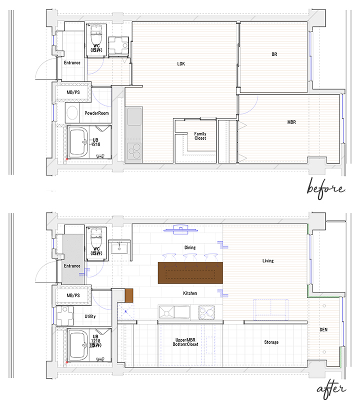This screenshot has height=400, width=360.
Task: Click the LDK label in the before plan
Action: pyautogui.click(x=181, y=64)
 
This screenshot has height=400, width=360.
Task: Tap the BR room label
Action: pyautogui.click(x=274, y=54)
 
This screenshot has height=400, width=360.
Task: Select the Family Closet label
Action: pyautogui.click(x=200, y=136)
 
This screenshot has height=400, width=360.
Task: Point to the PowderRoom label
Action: pyautogui.click(x=96, y=113)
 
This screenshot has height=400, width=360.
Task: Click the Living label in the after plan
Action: pyautogui.click(x=268, y=260)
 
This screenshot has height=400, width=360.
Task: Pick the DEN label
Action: pyautogui.click(x=323, y=329)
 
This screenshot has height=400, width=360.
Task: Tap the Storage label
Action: pyautogui.click(x=271, y=342)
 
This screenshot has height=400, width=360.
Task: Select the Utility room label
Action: pyautogui.click(x=90, y=316)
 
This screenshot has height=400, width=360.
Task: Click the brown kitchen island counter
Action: pyautogui.click(x=190, y=272)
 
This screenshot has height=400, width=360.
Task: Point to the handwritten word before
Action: pyautogui.click(x=325, y=189)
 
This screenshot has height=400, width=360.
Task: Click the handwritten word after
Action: pyautogui.click(x=331, y=389)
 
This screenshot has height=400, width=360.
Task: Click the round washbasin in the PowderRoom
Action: pyautogui.click(x=72, y=112)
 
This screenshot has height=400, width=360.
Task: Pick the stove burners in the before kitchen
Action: pyautogui.click(x=134, y=151)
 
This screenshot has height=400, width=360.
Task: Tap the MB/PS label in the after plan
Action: pyautogui.click(x=73, y=295)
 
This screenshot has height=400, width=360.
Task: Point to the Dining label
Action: pyautogui.click(x=190, y=247)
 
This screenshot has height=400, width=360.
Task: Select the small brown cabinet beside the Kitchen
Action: pyautogui.click(x=129, y=295)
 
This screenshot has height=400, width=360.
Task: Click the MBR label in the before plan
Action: pyautogui.click(x=291, y=122)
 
